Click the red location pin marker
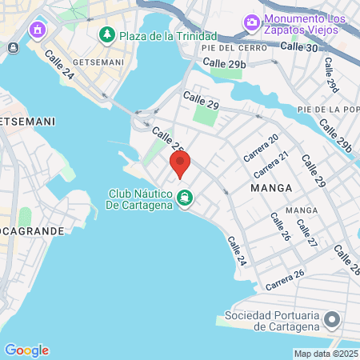[x=180, y=164]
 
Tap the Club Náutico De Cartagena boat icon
[x=185, y=197]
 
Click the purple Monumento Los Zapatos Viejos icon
[x=251, y=21]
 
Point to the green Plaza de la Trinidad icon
[x=106, y=35]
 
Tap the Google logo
[x=26, y=350]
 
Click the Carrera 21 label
[x=270, y=165]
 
